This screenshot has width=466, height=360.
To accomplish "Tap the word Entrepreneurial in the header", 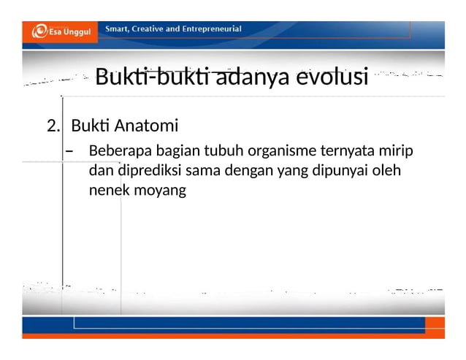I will pyautogui.click(x=208, y=29).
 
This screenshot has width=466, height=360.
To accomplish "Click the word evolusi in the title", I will pyautogui.click(x=333, y=76).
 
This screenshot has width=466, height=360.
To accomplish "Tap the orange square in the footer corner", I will pyautogui.click(x=435, y=323).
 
